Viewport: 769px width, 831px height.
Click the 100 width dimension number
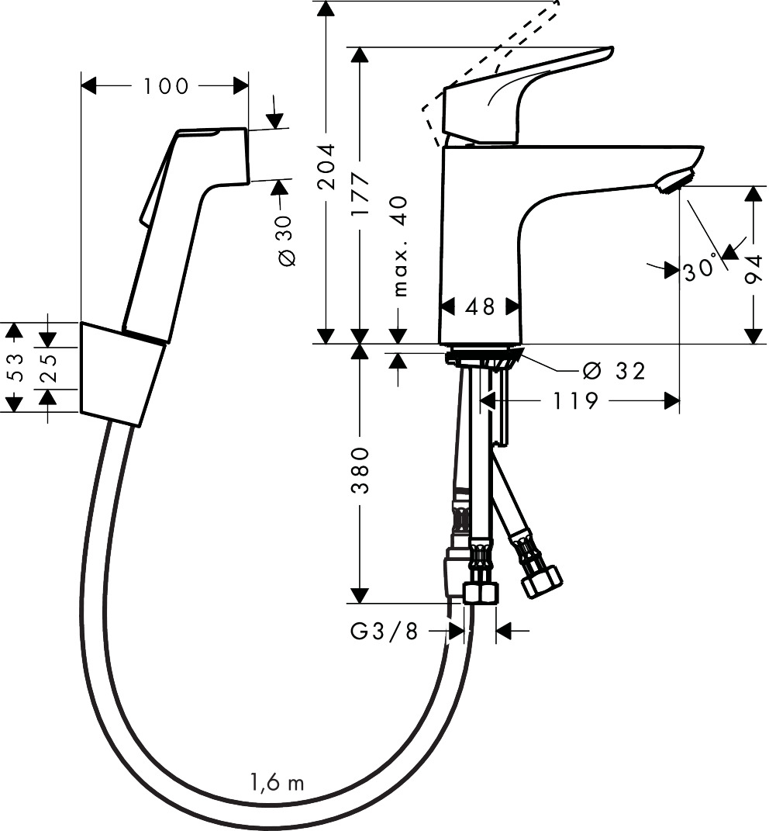point(166,86)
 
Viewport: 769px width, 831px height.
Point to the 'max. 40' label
point(399,246)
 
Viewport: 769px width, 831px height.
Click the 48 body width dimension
point(480,307)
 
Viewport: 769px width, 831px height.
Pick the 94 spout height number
point(753,272)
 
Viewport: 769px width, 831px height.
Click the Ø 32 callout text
point(613,371)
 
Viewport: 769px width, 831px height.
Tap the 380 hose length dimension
point(360,470)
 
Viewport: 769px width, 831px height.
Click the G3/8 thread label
point(384,632)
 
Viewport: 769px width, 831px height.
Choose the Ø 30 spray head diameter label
point(286,241)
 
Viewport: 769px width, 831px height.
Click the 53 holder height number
point(14,367)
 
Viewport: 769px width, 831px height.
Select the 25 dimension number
point(48,368)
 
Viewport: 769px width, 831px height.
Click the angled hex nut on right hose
point(542,581)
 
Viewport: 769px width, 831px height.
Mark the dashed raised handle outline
point(496,54)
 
